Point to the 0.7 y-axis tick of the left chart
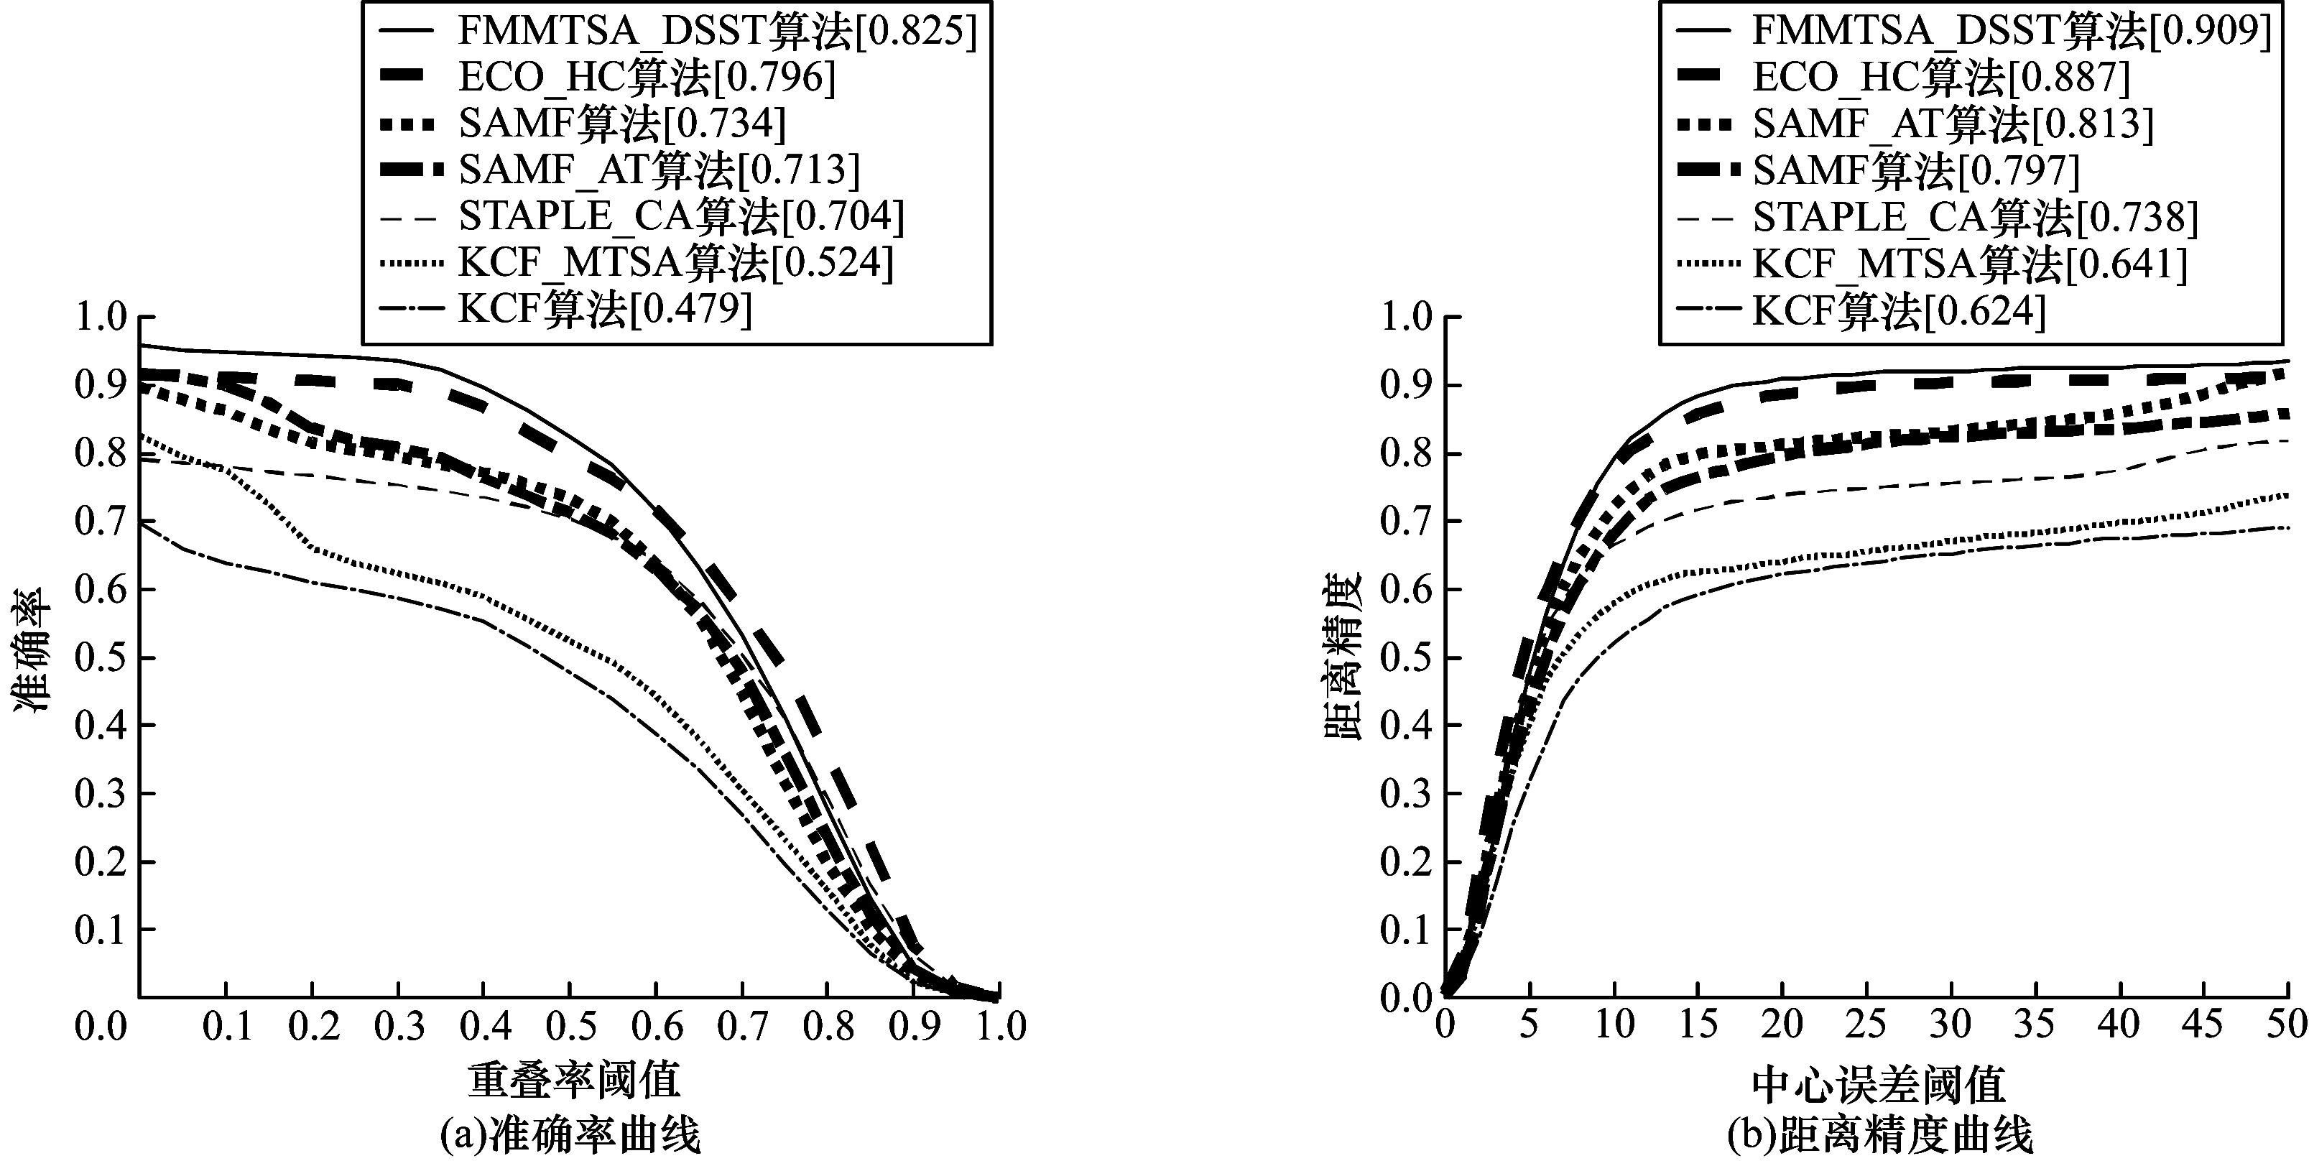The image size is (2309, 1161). (x=101, y=522)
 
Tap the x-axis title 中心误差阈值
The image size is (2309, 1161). (x=1879, y=1085)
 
